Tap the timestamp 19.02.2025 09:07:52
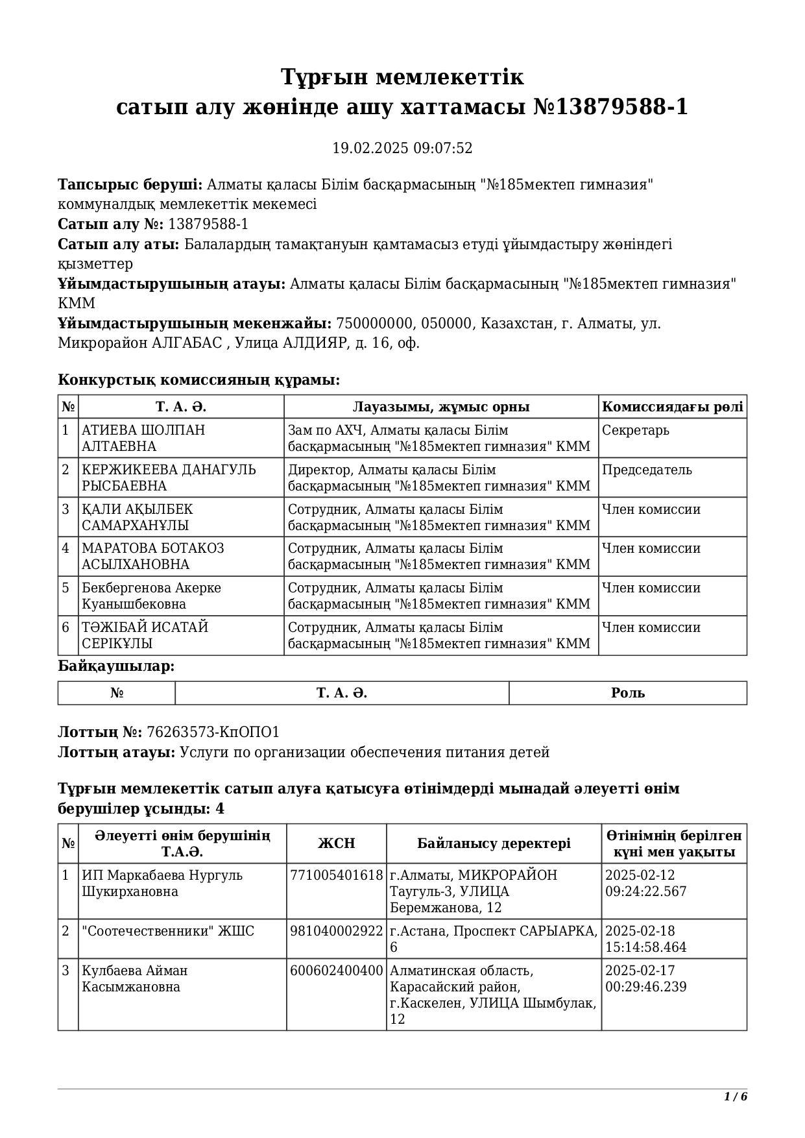(x=402, y=148)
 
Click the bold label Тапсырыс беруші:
(x=130, y=185)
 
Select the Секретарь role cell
(x=636, y=431)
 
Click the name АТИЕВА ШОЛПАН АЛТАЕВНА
(x=143, y=439)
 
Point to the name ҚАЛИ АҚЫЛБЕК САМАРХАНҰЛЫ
(x=138, y=517)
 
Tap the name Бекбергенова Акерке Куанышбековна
(x=151, y=596)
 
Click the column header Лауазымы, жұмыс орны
(x=441, y=407)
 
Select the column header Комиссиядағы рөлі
(x=672, y=407)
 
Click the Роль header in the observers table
(x=627, y=693)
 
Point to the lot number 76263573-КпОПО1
(x=213, y=732)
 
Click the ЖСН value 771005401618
(x=337, y=875)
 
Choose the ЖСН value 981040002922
(x=337, y=931)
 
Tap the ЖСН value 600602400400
(x=337, y=971)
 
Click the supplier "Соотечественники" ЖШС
(x=168, y=931)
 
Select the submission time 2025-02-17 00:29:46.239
(x=645, y=979)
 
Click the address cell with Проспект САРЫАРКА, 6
(x=493, y=939)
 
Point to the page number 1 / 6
(x=736, y=1096)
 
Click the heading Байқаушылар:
(x=116, y=666)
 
